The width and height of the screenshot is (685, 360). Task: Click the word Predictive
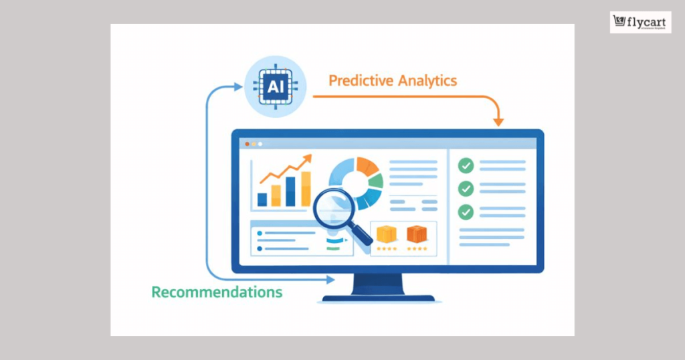pos(361,81)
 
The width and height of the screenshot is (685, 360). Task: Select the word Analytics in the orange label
pos(428,81)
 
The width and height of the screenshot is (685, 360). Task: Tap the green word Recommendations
pos(217,292)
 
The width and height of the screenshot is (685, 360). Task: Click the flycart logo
pos(640,22)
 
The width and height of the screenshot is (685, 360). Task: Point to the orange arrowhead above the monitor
pos(498,121)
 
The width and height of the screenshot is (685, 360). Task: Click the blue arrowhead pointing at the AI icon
pos(239,86)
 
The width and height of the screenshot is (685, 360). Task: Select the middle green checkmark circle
pos(466,189)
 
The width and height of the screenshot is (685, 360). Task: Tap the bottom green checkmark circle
pos(466,211)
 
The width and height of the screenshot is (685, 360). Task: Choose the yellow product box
pos(387,234)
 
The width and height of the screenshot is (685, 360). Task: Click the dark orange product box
pos(417,234)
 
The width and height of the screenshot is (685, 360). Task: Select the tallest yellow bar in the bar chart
pos(306,189)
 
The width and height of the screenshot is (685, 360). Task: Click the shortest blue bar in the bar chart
pos(262,199)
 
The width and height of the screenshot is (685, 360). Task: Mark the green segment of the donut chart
pos(377,181)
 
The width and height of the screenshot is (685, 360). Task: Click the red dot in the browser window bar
pos(247,144)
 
